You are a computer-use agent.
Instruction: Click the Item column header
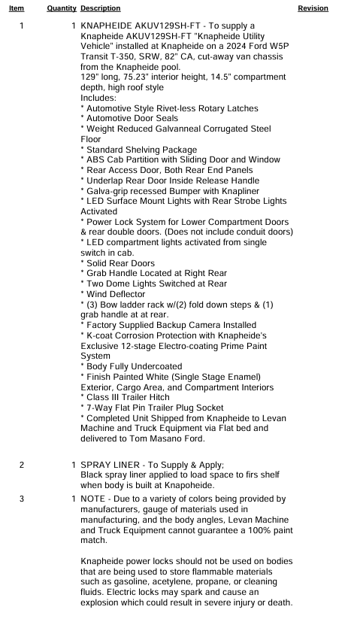click(x=17, y=8)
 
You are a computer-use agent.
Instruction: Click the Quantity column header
click(x=62, y=8)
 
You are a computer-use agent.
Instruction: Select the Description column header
click(x=100, y=8)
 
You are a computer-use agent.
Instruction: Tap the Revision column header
click(x=313, y=8)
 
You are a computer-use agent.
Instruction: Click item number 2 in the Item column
click(x=22, y=465)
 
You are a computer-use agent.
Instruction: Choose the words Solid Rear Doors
click(x=121, y=263)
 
